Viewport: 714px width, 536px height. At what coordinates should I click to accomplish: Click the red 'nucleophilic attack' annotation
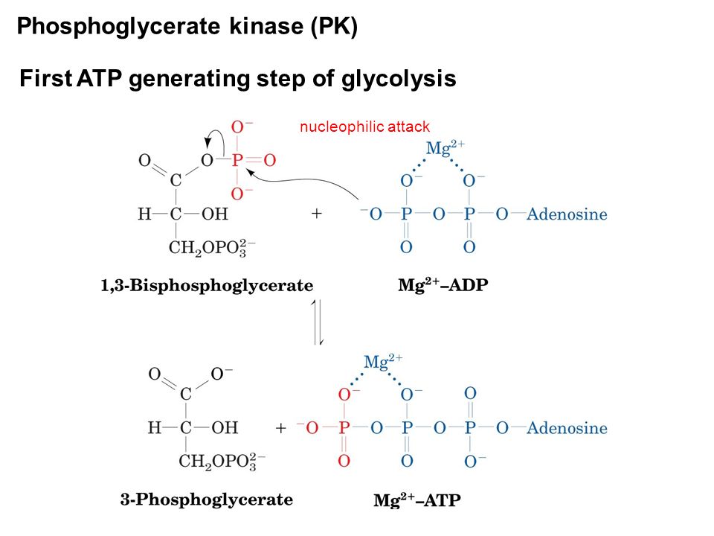[x=364, y=127]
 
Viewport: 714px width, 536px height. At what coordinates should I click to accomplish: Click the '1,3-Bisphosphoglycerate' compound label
[x=207, y=284]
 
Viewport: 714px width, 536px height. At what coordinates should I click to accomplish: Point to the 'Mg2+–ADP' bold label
[x=443, y=284]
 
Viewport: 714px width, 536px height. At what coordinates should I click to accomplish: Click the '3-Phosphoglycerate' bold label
[x=207, y=500]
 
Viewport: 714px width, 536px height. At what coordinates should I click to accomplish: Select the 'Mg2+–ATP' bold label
[x=416, y=500]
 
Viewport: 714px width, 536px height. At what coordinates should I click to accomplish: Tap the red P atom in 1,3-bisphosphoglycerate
[x=237, y=159]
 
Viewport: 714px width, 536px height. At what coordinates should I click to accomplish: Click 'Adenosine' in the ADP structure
[x=567, y=215]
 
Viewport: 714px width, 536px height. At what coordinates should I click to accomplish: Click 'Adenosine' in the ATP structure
[x=567, y=429]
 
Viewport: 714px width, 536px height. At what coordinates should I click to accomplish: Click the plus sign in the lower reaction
[x=281, y=429]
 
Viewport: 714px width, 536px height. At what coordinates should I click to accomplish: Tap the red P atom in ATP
[x=344, y=429]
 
